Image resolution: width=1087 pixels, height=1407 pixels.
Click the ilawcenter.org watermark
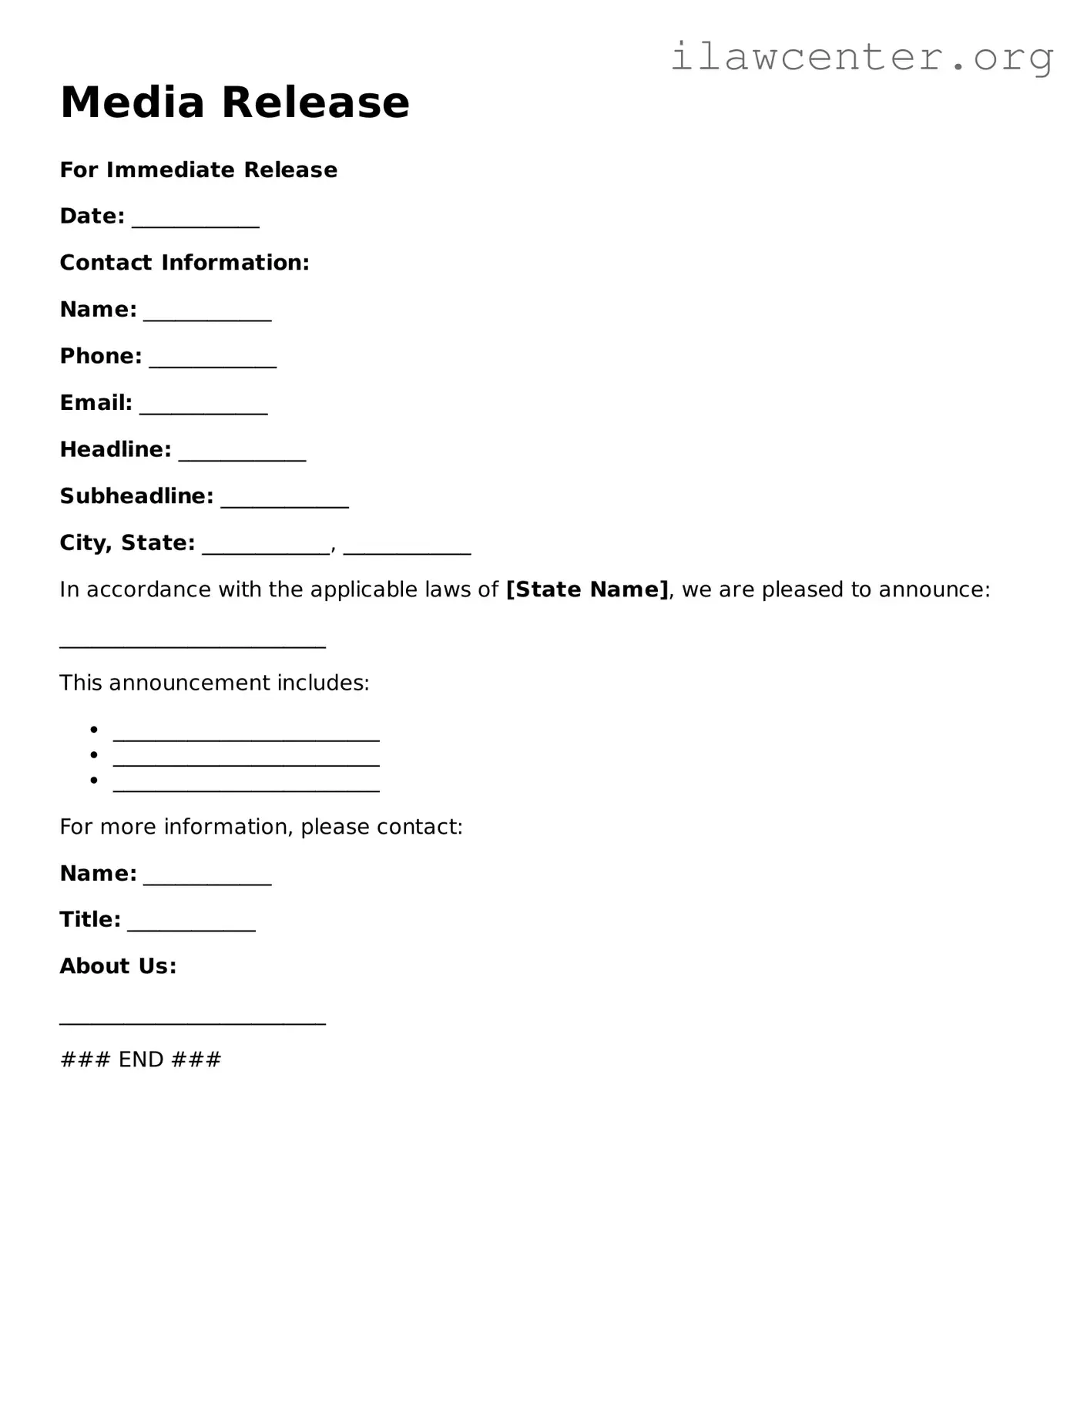point(861,57)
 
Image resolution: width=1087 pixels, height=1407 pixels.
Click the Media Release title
point(235,102)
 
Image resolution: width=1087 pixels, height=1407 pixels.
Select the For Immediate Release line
point(199,170)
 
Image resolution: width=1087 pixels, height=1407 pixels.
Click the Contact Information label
point(185,263)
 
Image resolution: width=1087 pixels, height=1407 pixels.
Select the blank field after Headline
point(242,454)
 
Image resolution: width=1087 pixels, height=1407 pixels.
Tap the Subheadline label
point(136,496)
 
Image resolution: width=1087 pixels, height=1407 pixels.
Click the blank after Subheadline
point(284,501)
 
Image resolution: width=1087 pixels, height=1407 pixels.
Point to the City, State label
point(127,543)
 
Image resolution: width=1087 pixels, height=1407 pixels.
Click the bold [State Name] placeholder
point(587,590)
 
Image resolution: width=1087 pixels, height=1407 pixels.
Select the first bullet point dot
point(94,730)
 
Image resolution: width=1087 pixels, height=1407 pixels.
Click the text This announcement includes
point(214,683)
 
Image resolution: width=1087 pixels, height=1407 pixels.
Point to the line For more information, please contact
point(261,828)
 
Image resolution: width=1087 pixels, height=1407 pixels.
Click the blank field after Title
point(191,925)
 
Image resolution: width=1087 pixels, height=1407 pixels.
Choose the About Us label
point(118,966)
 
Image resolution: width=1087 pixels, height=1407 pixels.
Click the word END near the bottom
point(141,1060)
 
